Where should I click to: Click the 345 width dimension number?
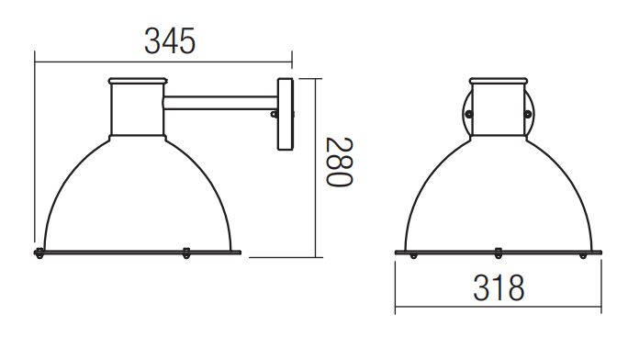point(170,40)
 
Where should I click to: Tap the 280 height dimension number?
point(339,162)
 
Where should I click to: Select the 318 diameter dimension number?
point(499,287)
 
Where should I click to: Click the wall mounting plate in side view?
point(286,114)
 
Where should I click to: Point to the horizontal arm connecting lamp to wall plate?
point(220,103)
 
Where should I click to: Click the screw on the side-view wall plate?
point(274,115)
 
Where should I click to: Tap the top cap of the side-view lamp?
point(138,81)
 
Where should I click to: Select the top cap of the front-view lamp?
point(499,81)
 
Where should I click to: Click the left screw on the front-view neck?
point(468,115)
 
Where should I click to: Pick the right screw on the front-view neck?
point(528,115)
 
